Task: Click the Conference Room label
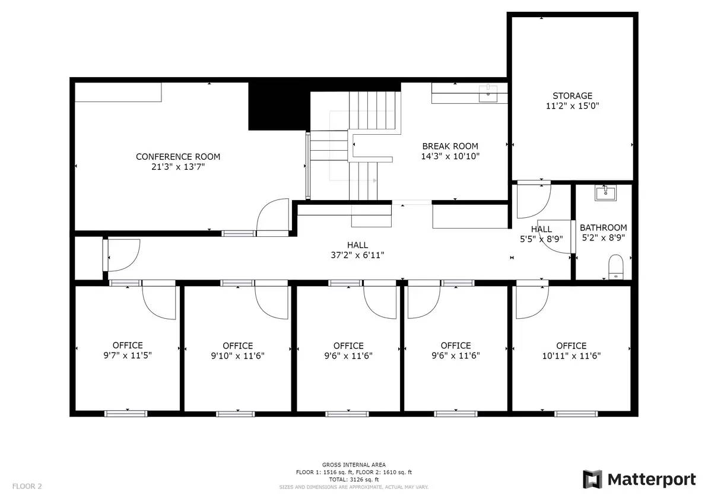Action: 178,157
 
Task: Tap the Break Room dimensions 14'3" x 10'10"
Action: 450,156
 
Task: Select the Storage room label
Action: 573,96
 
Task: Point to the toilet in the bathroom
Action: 616,267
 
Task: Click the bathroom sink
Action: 605,194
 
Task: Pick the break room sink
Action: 488,94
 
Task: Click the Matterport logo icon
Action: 592,479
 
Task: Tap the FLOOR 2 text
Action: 27,487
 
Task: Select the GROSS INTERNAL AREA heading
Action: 354,465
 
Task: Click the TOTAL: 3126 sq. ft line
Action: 354,480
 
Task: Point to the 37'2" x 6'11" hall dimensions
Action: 358,255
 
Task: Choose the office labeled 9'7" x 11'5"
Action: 128,350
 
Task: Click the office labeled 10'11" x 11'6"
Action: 571,351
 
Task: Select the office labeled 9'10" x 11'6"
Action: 237,351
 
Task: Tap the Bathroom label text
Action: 603,228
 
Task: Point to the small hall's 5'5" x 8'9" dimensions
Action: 541,239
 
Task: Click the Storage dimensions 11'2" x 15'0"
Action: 573,106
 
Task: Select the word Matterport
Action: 652,479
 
